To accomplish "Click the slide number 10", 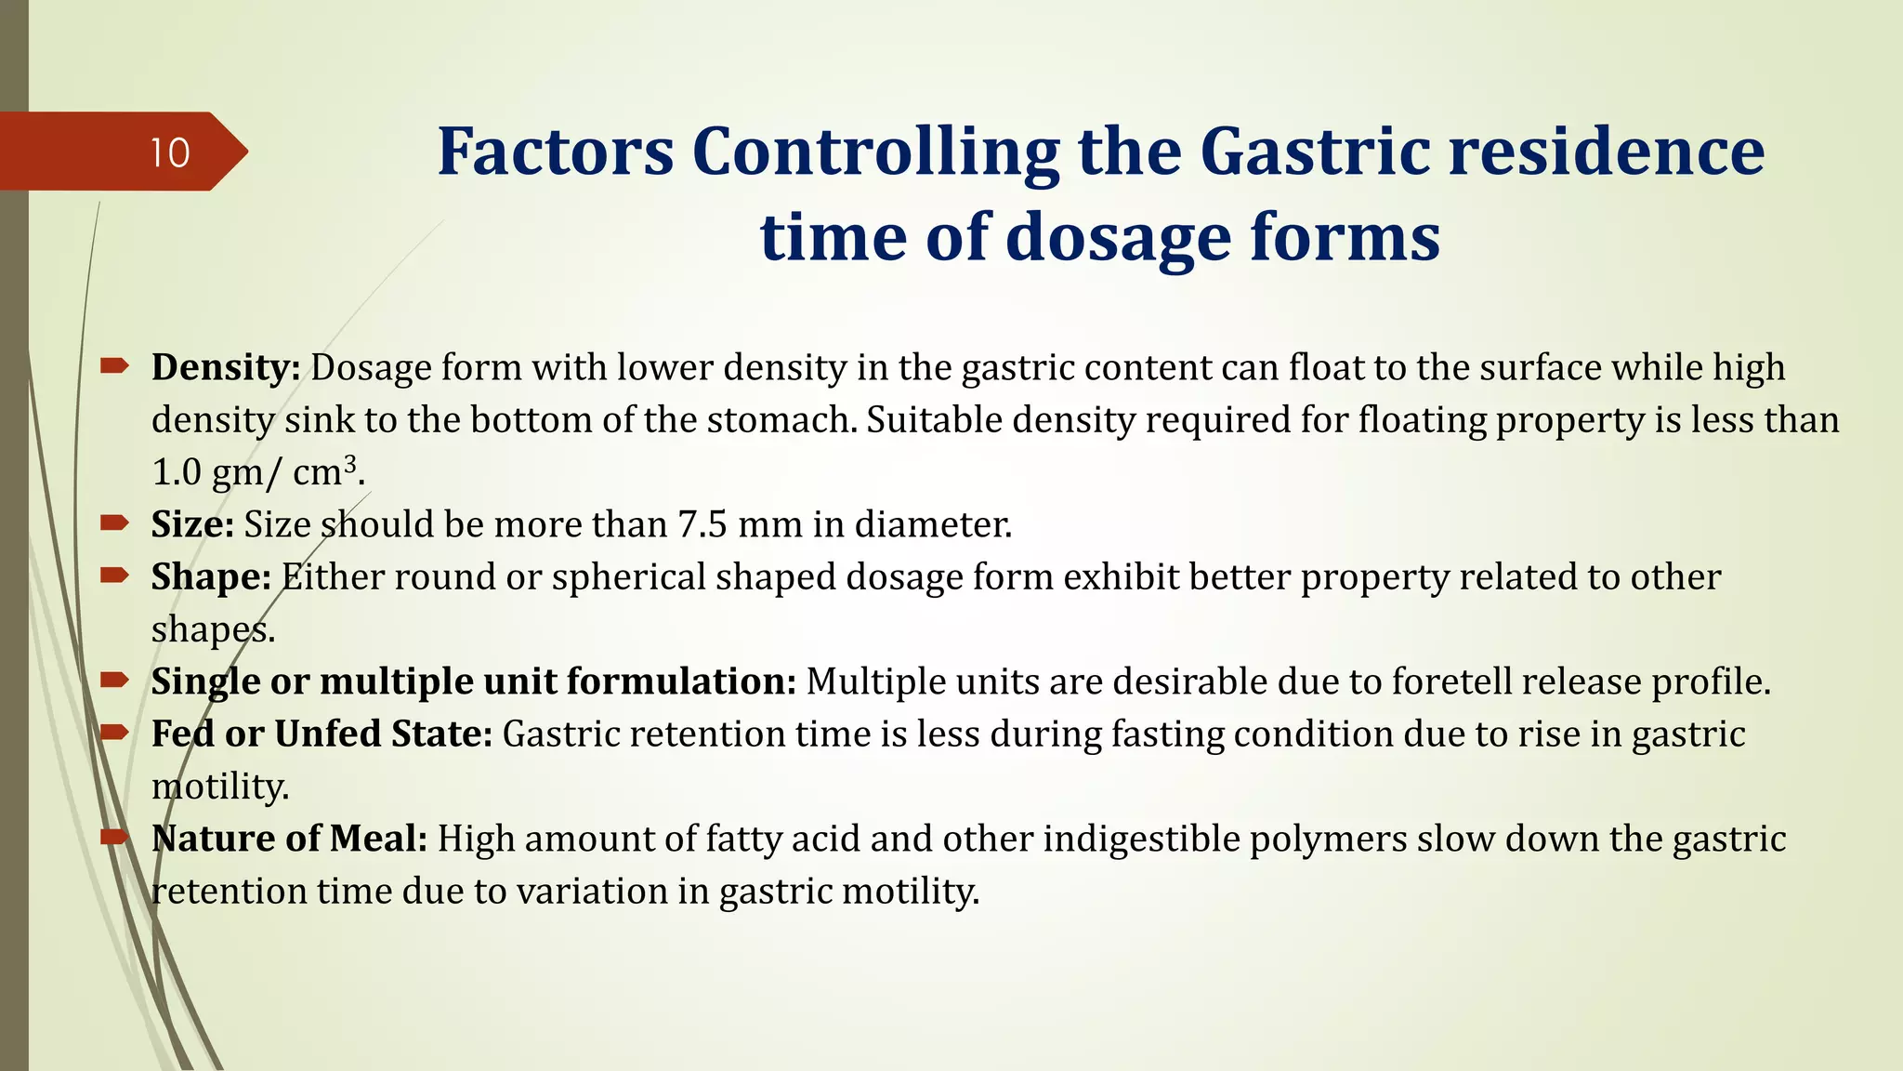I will point(170,152).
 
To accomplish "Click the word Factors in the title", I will point(555,151).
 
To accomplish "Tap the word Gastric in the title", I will point(1314,151).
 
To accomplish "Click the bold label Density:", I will point(226,367).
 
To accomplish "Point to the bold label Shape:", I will point(211,576).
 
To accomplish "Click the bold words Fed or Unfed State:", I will point(322,734).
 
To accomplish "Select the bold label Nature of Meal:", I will point(289,839).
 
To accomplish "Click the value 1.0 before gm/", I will point(177,472).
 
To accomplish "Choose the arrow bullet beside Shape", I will point(114,575).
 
